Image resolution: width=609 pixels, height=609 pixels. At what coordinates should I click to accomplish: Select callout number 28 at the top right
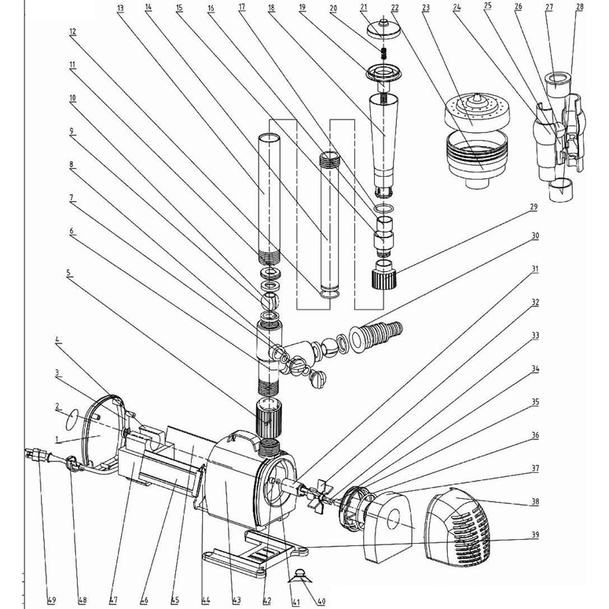579,7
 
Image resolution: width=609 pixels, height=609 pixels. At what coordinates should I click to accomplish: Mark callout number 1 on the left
56,437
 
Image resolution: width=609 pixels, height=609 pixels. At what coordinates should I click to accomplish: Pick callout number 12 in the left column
72,33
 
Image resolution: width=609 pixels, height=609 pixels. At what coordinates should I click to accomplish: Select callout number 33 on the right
535,336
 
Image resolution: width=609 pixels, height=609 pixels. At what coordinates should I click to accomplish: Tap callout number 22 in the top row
394,8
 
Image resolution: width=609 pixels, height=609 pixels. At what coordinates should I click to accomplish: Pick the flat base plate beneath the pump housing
251,550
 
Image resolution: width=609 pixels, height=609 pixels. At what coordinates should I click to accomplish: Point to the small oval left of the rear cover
72,416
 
